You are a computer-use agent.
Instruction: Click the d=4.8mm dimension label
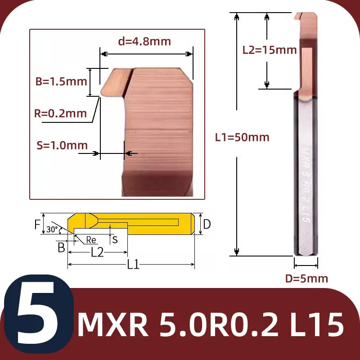pos(144,41)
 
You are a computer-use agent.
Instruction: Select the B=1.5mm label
pos(61,81)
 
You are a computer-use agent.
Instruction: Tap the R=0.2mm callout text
pos(60,113)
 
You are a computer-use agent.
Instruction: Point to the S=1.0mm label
pos(62,145)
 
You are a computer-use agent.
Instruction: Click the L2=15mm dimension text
pos(270,50)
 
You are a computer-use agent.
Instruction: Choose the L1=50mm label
pos(242,137)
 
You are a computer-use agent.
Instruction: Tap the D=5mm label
pos(306,279)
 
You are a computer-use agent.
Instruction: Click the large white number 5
pos(38,313)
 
